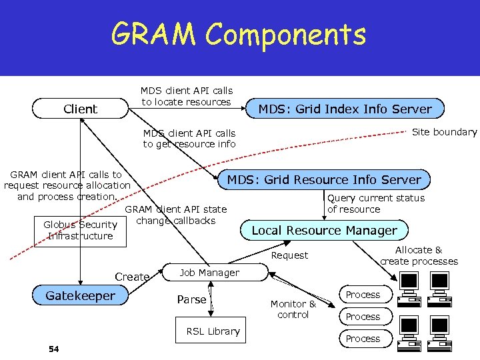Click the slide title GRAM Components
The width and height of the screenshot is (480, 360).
point(239,35)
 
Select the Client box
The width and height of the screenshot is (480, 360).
point(80,109)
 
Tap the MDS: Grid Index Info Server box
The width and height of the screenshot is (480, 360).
point(345,109)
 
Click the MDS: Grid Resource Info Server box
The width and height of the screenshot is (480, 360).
point(325,179)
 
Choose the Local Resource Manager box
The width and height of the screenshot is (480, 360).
point(324,231)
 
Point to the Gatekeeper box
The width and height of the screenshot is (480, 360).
point(80,295)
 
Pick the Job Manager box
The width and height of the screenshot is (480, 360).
point(209,273)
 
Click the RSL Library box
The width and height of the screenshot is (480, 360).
point(213,331)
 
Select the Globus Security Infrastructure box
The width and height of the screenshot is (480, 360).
point(80,231)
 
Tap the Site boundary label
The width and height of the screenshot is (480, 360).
point(444,132)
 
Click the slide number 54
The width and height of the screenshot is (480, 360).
point(54,349)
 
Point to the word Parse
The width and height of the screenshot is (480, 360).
point(191,299)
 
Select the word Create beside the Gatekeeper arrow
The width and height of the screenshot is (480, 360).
point(132,277)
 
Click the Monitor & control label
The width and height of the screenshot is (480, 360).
point(293,309)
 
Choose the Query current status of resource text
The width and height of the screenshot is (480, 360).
point(376,203)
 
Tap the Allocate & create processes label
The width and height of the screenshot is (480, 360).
point(419,255)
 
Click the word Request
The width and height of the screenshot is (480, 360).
point(290,255)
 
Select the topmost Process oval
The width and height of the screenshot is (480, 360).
point(363,295)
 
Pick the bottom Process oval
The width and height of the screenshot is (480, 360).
point(363,339)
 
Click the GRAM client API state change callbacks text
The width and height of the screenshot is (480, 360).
point(176,215)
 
